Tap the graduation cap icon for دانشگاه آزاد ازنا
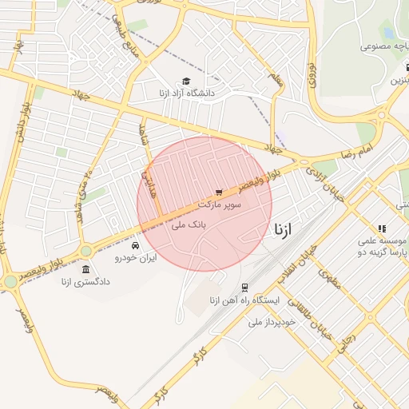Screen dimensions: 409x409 click(x=186, y=81)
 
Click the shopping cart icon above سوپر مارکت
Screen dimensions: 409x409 click(x=218, y=193)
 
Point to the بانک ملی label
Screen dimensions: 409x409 click(x=189, y=226)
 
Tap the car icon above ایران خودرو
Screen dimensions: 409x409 click(x=136, y=244)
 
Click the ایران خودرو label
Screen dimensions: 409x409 click(x=136, y=257)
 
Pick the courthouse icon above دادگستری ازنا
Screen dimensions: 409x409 click(x=85, y=268)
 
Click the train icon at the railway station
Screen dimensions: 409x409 click(x=244, y=288)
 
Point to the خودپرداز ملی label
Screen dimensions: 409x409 click(x=272, y=321)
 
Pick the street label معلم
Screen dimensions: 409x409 click(x=277, y=79)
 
